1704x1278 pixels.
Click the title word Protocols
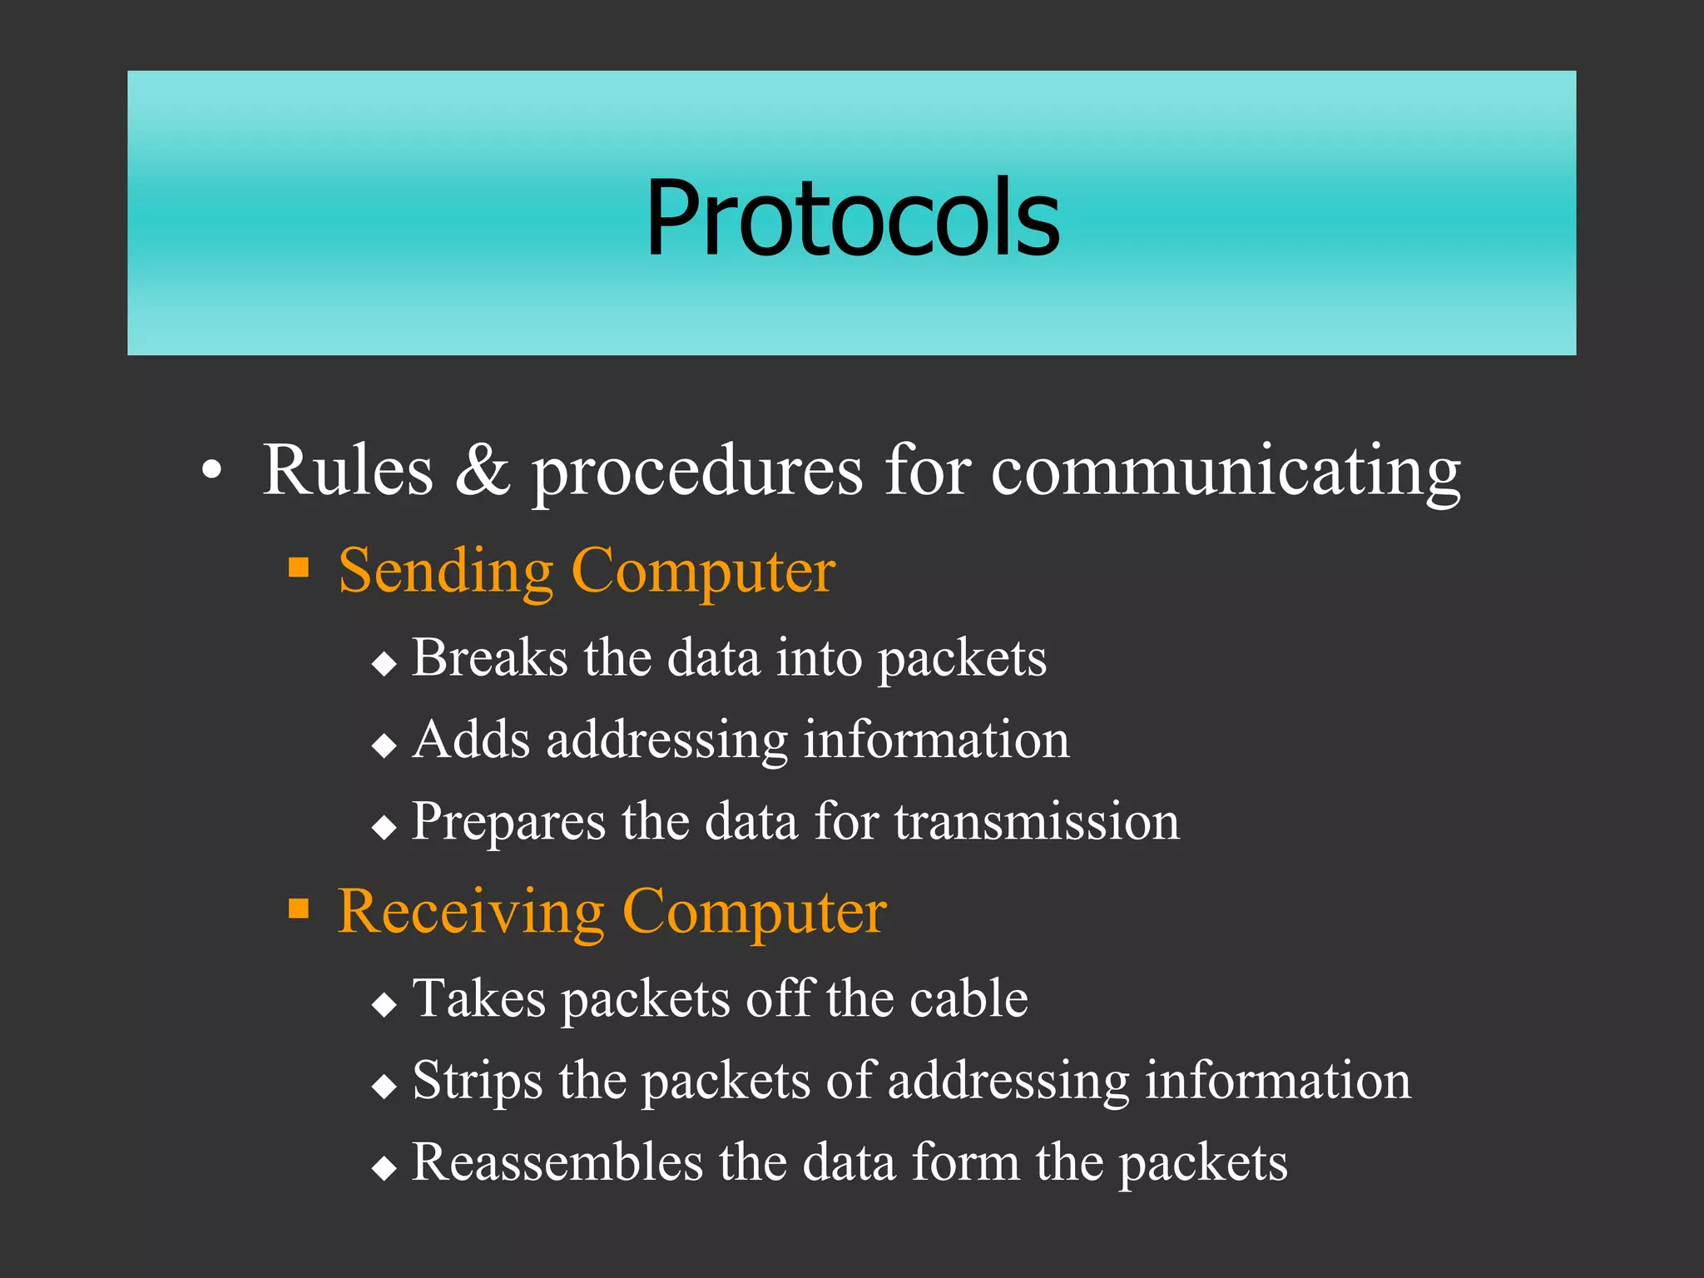point(852,218)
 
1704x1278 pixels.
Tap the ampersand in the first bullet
point(482,470)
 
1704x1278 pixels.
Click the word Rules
point(348,470)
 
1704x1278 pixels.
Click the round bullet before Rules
point(212,470)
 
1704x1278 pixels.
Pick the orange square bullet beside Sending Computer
point(299,567)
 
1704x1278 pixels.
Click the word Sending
point(445,572)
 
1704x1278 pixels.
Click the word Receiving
point(470,913)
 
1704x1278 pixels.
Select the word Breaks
point(489,657)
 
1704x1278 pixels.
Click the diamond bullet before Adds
point(384,745)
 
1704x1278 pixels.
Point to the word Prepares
point(508,822)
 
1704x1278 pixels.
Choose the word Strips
point(477,1082)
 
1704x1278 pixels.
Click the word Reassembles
point(557,1162)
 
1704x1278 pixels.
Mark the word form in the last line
point(965,1162)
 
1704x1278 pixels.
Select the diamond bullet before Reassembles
point(384,1168)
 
